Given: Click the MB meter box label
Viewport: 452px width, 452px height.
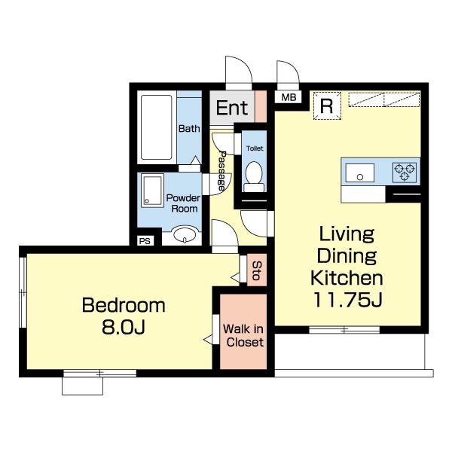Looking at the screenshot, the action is (289, 97).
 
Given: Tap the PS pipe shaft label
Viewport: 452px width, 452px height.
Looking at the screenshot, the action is (145, 241).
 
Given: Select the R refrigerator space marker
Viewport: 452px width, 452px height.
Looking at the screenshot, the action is (327, 105).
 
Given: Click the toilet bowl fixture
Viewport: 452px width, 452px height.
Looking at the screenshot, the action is (254, 176).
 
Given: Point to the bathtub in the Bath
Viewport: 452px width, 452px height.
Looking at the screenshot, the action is (157, 127).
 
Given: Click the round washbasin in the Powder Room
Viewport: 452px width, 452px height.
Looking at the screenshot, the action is (185, 234).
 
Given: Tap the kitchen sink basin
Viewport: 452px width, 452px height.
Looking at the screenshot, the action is (360, 173).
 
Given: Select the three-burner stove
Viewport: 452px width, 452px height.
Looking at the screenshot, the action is (404, 173).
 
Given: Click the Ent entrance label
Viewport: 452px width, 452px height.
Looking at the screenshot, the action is (232, 108).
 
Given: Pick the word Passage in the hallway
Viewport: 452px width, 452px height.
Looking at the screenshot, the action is (222, 171).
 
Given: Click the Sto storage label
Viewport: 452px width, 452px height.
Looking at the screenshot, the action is (257, 270).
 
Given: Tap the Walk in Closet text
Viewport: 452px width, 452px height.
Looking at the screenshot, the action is (243, 335).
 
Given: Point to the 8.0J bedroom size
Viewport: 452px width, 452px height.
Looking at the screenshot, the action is (123, 328).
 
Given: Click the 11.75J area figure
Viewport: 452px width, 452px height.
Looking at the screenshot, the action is (347, 300).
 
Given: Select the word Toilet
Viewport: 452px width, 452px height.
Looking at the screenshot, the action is (255, 148).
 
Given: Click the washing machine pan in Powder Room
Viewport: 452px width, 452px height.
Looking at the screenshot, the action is (152, 191).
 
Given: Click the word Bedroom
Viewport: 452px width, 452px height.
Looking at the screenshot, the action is (124, 305).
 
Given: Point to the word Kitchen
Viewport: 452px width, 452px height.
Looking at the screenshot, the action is (347, 278).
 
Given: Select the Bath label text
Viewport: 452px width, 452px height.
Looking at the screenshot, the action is (189, 129).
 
